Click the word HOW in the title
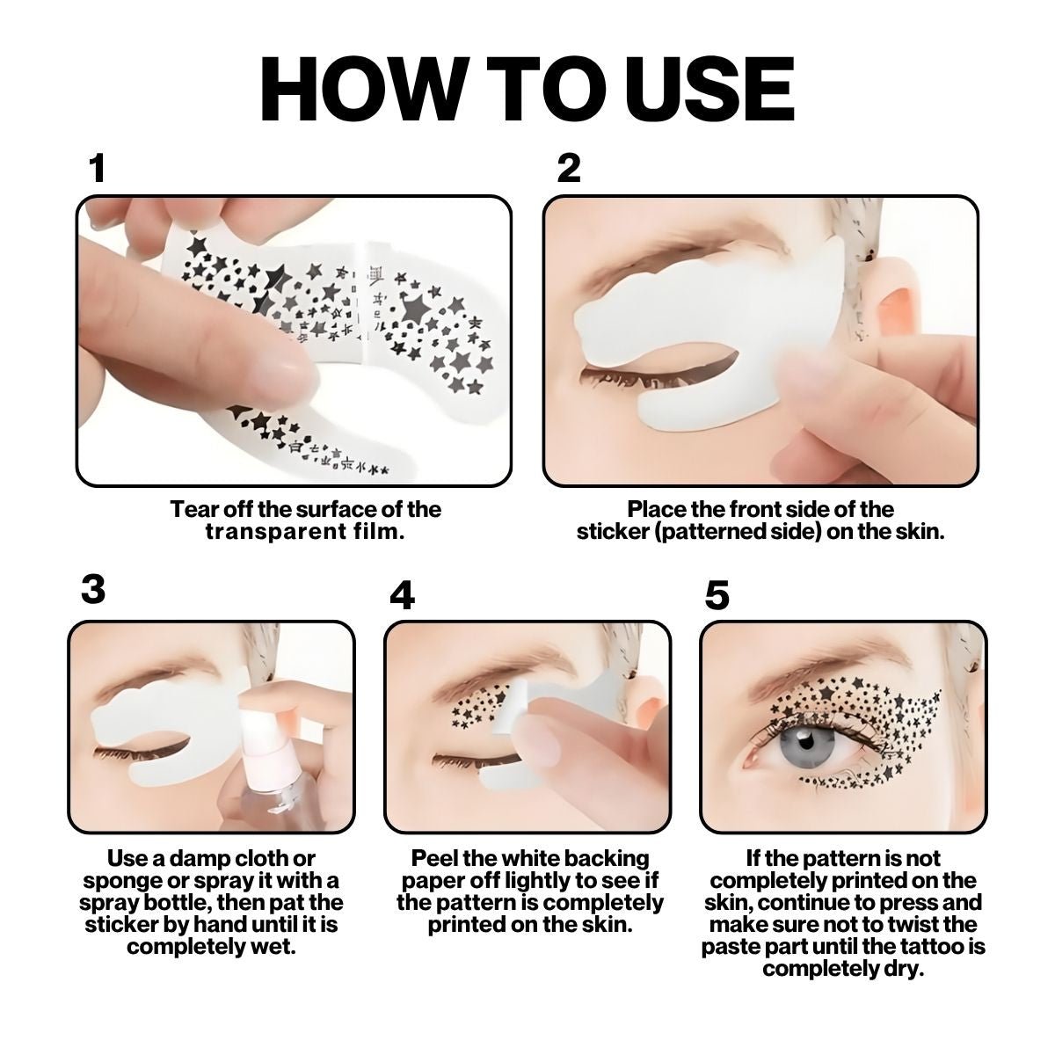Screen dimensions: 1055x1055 (365, 89)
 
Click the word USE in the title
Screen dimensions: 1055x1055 (692, 89)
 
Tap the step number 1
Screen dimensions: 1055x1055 (98, 169)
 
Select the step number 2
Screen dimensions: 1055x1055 (569, 169)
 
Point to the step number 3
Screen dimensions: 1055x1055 (93, 589)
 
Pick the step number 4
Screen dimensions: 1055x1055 (403, 596)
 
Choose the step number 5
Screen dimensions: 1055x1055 (717, 596)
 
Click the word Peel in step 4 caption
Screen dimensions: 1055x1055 (435, 858)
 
